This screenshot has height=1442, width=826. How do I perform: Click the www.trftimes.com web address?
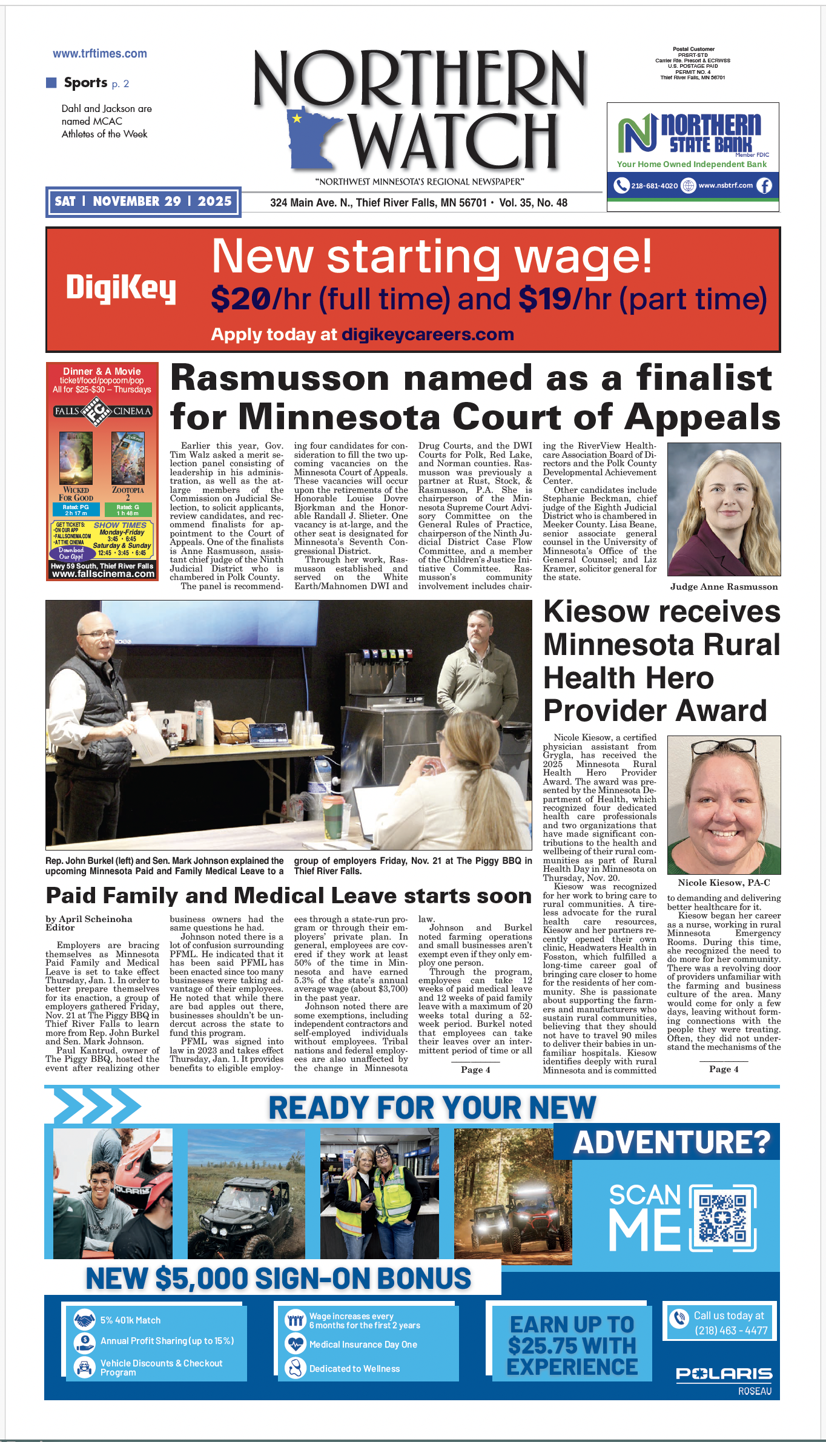[x=100, y=54]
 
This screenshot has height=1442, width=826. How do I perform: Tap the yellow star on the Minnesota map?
[x=297, y=118]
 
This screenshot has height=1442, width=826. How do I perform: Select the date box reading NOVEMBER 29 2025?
[x=144, y=202]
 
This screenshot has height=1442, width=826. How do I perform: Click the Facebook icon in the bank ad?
[x=764, y=186]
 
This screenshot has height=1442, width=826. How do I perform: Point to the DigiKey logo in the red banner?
[x=121, y=288]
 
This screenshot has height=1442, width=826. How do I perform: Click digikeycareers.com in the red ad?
[x=428, y=334]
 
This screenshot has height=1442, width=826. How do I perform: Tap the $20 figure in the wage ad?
[x=240, y=299]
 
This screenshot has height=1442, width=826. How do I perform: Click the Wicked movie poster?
[x=76, y=458]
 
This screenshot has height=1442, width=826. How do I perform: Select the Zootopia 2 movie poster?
[x=128, y=458]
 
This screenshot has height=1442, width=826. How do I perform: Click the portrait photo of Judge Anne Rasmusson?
[x=724, y=509]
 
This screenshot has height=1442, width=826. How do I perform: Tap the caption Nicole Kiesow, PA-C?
[x=724, y=883]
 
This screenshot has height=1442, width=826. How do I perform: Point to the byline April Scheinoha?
[x=89, y=919]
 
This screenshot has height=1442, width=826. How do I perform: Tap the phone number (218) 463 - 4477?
[x=731, y=1330]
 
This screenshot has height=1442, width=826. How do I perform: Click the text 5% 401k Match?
[x=130, y=1320]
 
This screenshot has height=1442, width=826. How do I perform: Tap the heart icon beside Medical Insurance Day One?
[x=295, y=1344]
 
